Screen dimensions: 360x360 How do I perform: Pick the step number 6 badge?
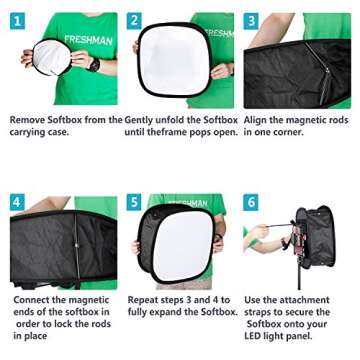click(252, 202)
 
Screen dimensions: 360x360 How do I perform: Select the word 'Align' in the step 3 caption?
click(260, 119)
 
